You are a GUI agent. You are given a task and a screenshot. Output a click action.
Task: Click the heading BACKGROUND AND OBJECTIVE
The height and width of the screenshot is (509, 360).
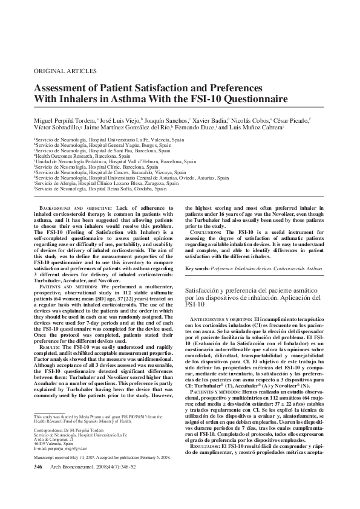coord(71,208)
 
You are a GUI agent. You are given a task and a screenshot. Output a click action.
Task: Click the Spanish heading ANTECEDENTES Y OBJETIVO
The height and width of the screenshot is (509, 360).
coord(222,319)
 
